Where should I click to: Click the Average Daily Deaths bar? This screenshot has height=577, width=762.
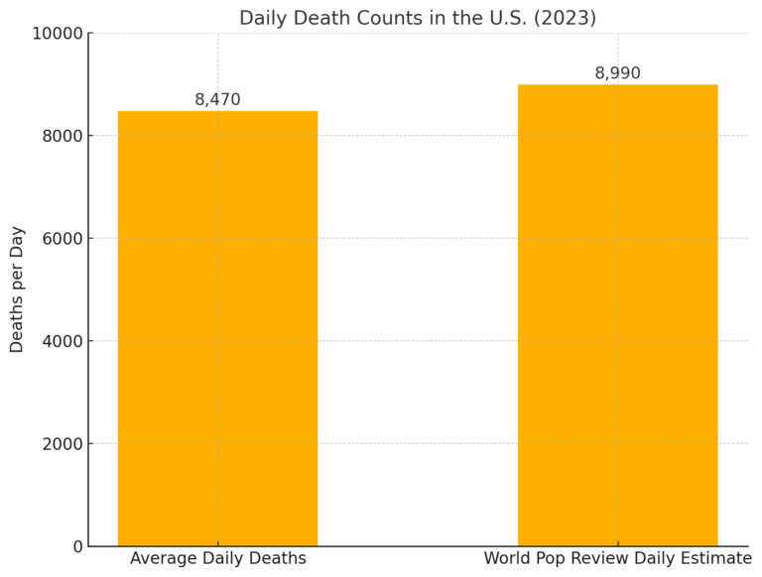pyautogui.click(x=217, y=328)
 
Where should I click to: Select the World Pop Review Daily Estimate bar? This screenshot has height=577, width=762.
pyautogui.click(x=617, y=315)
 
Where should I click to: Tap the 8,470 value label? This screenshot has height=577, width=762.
pyautogui.click(x=217, y=99)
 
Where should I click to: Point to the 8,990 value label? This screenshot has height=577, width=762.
pyautogui.click(x=617, y=73)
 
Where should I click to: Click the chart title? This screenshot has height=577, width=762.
pyautogui.click(x=418, y=18)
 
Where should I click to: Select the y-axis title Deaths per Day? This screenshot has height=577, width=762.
pyautogui.click(x=17, y=288)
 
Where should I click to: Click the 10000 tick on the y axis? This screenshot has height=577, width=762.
pyautogui.click(x=57, y=34)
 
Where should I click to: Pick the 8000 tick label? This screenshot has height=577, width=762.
pyautogui.click(x=62, y=136)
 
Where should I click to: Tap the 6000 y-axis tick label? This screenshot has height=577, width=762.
pyautogui.click(x=62, y=239)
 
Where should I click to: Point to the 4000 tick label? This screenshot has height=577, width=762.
pyautogui.click(x=62, y=341)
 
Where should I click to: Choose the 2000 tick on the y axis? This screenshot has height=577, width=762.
pyautogui.click(x=62, y=444)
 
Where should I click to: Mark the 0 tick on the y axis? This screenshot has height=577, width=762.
pyautogui.click(x=77, y=546)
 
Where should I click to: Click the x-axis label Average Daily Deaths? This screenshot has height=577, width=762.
pyautogui.click(x=217, y=559)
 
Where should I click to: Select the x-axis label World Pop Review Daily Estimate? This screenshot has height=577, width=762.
pyautogui.click(x=617, y=559)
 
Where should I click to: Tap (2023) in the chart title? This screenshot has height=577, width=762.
pyautogui.click(x=563, y=18)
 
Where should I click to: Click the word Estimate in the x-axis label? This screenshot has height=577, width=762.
pyautogui.click(x=713, y=559)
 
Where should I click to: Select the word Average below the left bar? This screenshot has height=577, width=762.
pyautogui.click(x=159, y=559)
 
